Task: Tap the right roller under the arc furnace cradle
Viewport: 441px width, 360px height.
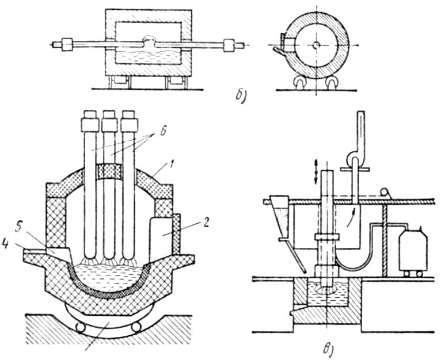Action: tap(136, 327)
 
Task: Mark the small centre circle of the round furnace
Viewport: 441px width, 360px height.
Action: tap(316, 45)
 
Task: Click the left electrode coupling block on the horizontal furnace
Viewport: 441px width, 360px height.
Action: tap(67, 45)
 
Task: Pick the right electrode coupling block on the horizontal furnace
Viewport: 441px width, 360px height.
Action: tap(230, 45)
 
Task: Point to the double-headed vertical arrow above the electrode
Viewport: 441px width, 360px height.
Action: tap(316, 172)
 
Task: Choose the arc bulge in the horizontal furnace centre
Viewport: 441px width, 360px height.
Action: tap(149, 42)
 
